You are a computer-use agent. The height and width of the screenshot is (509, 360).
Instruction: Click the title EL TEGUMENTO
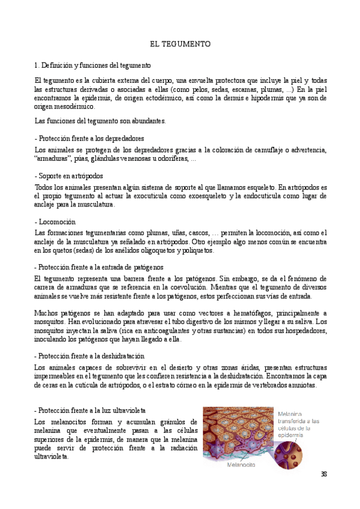click(180, 44)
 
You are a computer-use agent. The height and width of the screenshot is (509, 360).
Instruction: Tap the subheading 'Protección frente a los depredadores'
click(90, 137)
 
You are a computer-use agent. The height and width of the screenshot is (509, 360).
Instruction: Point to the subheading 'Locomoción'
click(56, 222)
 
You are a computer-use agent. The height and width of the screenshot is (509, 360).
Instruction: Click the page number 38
click(324, 474)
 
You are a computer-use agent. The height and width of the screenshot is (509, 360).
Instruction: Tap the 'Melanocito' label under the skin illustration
click(242, 464)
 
